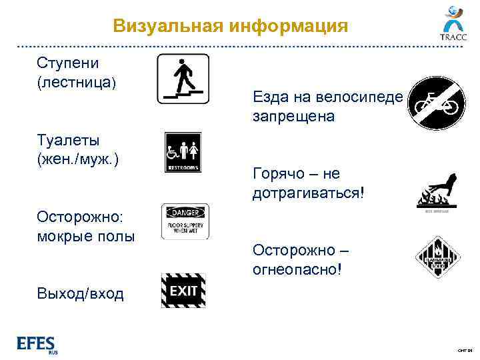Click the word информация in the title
tap(289, 26)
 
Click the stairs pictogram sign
tap(183, 79)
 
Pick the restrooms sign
tap(182, 152)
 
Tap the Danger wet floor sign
tap(185, 221)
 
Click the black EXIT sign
tap(183, 291)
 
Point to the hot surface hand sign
tap(437, 192)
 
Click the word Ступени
tap(68, 63)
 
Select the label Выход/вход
tap(81, 293)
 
